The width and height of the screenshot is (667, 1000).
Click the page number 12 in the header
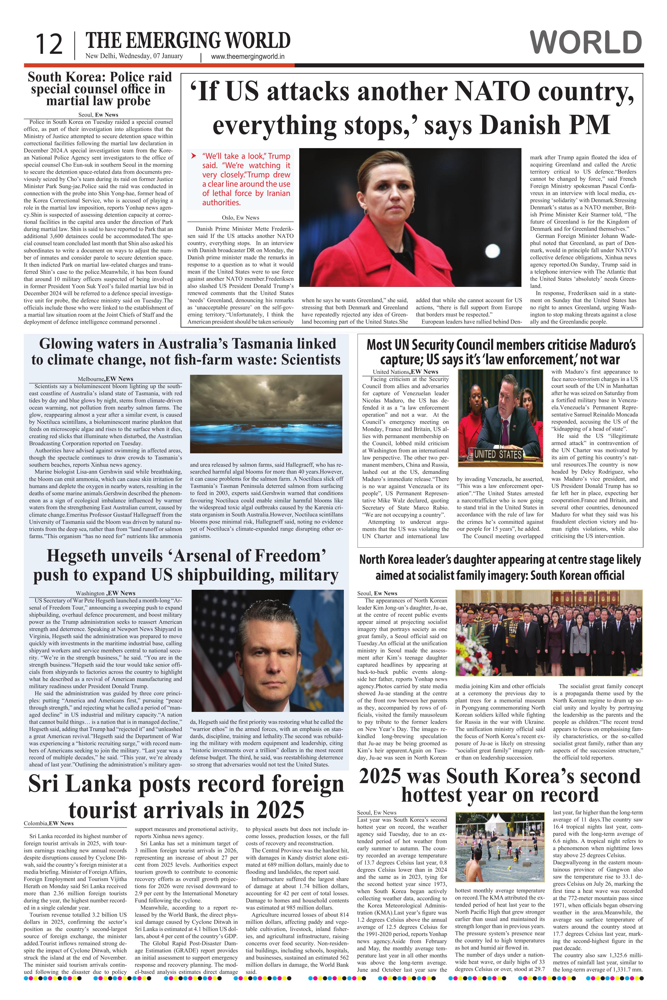(x=49, y=44)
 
